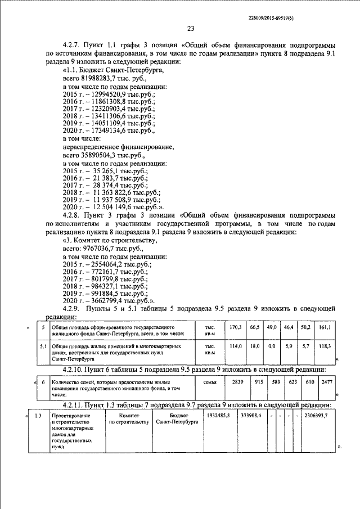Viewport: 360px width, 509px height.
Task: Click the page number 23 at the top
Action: [191, 29]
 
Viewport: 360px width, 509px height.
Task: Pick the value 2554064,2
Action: [103, 263]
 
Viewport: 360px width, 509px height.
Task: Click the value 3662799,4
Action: [103, 301]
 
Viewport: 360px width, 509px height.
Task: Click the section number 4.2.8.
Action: [73, 215]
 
